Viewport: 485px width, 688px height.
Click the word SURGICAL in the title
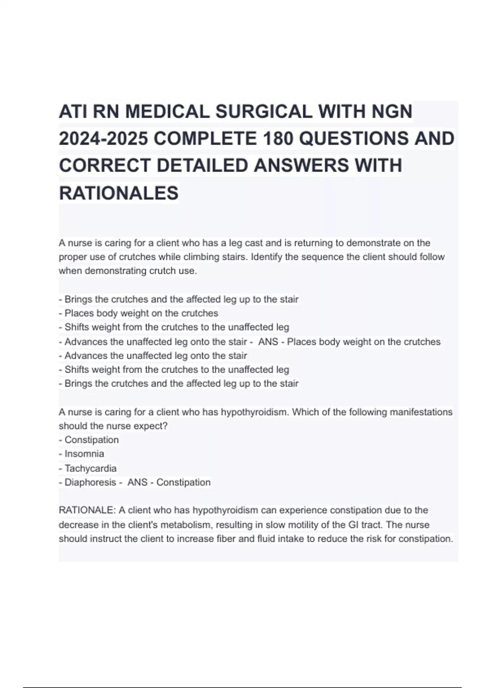[264, 112]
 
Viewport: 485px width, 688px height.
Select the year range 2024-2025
[103, 139]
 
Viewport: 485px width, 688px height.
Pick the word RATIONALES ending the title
[119, 193]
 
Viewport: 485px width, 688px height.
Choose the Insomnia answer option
[84, 454]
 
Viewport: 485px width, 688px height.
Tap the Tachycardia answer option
[91, 468]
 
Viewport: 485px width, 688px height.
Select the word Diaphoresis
[90, 482]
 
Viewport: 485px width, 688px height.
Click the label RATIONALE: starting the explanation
[87, 510]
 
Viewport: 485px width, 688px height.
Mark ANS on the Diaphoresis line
[137, 482]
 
